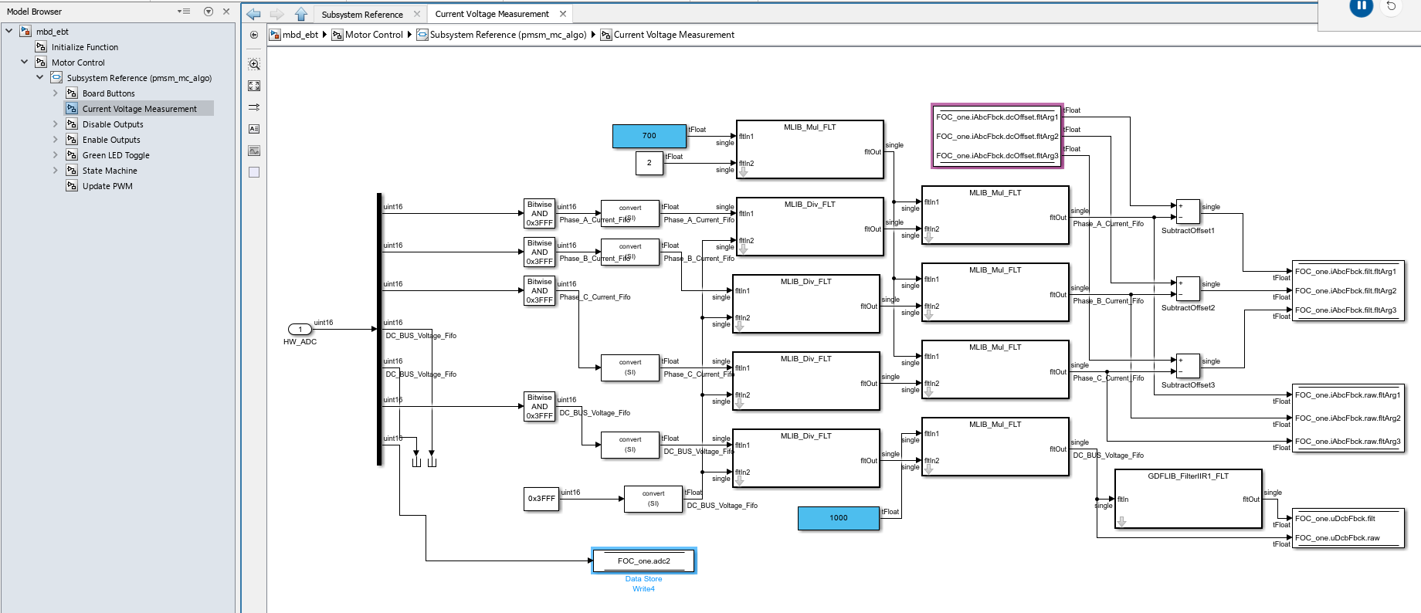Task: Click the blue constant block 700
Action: (649, 136)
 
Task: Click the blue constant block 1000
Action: (838, 518)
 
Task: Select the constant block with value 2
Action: (649, 163)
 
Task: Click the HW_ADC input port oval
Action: (300, 330)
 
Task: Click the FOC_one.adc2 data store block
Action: (643, 561)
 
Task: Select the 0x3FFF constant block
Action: (541, 499)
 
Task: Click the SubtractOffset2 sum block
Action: (1188, 289)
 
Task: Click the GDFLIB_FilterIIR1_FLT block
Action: (1188, 500)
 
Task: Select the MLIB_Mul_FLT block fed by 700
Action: (809, 150)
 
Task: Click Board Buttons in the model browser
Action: (108, 93)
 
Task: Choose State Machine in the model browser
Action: (110, 171)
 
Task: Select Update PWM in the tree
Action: (107, 186)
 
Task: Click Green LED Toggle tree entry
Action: (116, 155)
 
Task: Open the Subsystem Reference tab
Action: (362, 14)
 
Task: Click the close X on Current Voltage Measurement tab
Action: (563, 14)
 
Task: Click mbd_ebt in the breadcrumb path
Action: (300, 35)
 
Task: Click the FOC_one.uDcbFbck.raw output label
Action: (1337, 538)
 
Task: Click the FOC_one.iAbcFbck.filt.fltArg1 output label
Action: (1345, 272)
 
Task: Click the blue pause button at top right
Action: (1361, 6)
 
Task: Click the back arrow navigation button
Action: (254, 14)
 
